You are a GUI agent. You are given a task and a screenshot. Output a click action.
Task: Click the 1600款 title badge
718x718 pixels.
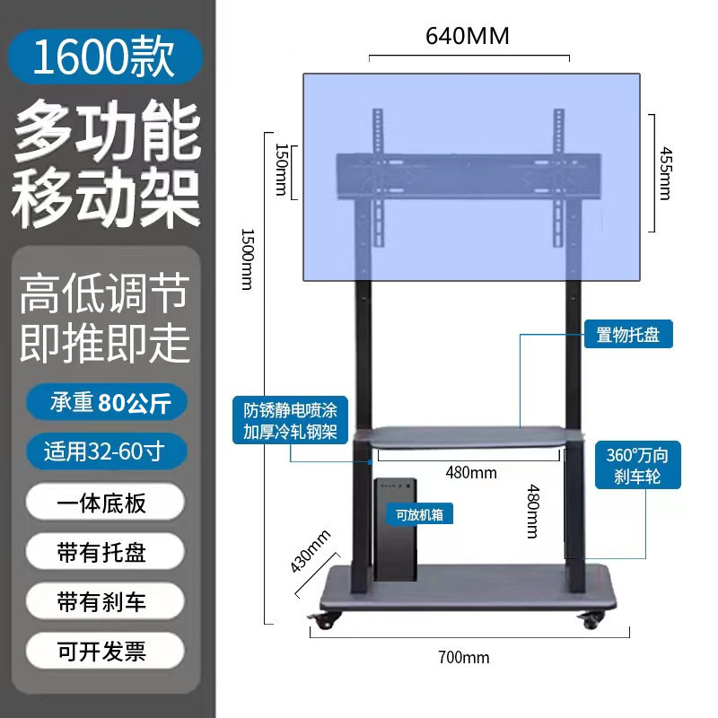click(x=106, y=56)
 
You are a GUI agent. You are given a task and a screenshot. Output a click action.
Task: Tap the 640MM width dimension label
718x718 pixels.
click(x=468, y=36)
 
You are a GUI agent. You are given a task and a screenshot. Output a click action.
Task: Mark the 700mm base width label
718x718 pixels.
click(x=464, y=657)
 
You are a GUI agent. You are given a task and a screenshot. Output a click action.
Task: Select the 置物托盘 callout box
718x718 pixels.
click(x=628, y=336)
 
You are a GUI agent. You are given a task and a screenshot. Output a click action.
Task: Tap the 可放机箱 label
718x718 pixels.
click(x=419, y=515)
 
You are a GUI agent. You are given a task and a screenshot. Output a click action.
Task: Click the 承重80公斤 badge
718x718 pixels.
click(x=106, y=400)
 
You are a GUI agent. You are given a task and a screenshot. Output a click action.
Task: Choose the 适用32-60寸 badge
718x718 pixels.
click(x=106, y=451)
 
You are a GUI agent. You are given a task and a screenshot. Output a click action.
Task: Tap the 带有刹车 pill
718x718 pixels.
click(x=106, y=600)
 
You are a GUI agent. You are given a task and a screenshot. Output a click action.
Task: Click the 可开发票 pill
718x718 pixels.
click(x=106, y=650)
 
